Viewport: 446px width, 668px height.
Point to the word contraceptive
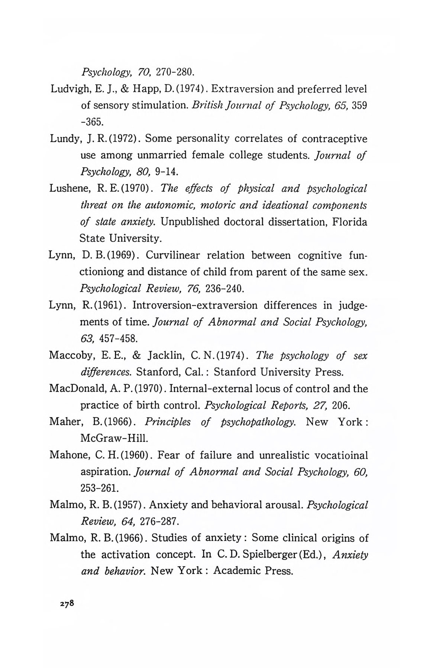[x=334, y=139]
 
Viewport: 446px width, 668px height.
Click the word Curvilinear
[x=172, y=255]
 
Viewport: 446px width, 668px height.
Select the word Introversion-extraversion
[x=195, y=305]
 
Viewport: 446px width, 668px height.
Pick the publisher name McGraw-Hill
[x=109, y=439]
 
